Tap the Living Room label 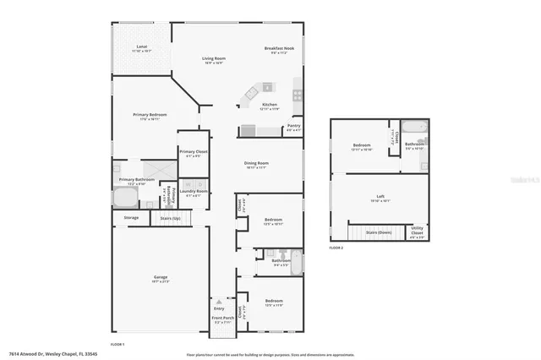[213, 58]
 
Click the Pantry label [293, 126]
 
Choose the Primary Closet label [192, 152]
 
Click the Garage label [160, 277]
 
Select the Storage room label [131, 218]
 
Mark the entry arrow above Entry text [219, 299]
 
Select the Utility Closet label [417, 230]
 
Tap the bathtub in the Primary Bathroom [125, 198]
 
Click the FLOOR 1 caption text [117, 344]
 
